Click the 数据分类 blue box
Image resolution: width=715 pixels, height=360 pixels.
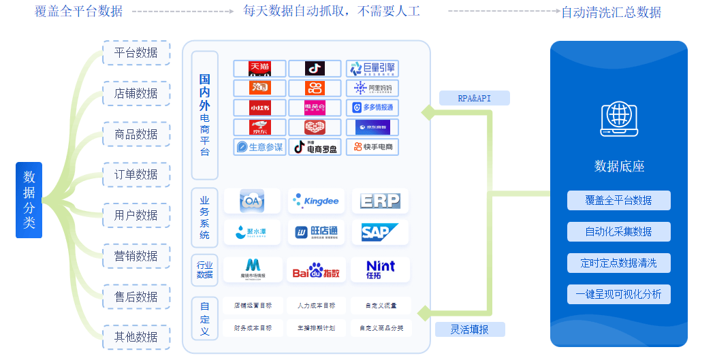pos(29,199)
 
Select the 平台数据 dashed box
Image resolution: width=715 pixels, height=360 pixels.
pos(136,52)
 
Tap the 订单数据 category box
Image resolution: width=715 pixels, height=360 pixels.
pos(136,175)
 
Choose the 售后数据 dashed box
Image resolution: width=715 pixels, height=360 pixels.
pos(136,297)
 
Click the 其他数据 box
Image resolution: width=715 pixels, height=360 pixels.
pos(136,337)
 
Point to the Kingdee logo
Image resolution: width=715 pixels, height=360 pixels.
pos(316,201)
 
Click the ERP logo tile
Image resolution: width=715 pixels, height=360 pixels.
pos(380,201)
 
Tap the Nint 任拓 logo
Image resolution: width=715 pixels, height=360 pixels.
pos(380,269)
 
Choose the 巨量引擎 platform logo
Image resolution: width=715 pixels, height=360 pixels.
pos(372,69)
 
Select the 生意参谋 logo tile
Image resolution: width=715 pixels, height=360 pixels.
pos(259,147)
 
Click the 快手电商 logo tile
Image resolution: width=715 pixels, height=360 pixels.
pos(372,147)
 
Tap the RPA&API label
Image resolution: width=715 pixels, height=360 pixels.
pos(474,98)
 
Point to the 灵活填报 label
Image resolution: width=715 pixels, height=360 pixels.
pos(470,329)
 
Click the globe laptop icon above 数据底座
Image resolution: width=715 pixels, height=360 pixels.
pos(619,120)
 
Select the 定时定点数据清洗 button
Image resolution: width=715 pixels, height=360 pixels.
pos(618,263)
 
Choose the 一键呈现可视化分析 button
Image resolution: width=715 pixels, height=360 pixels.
pos(618,295)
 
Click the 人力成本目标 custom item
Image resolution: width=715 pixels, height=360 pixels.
pos(316,306)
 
